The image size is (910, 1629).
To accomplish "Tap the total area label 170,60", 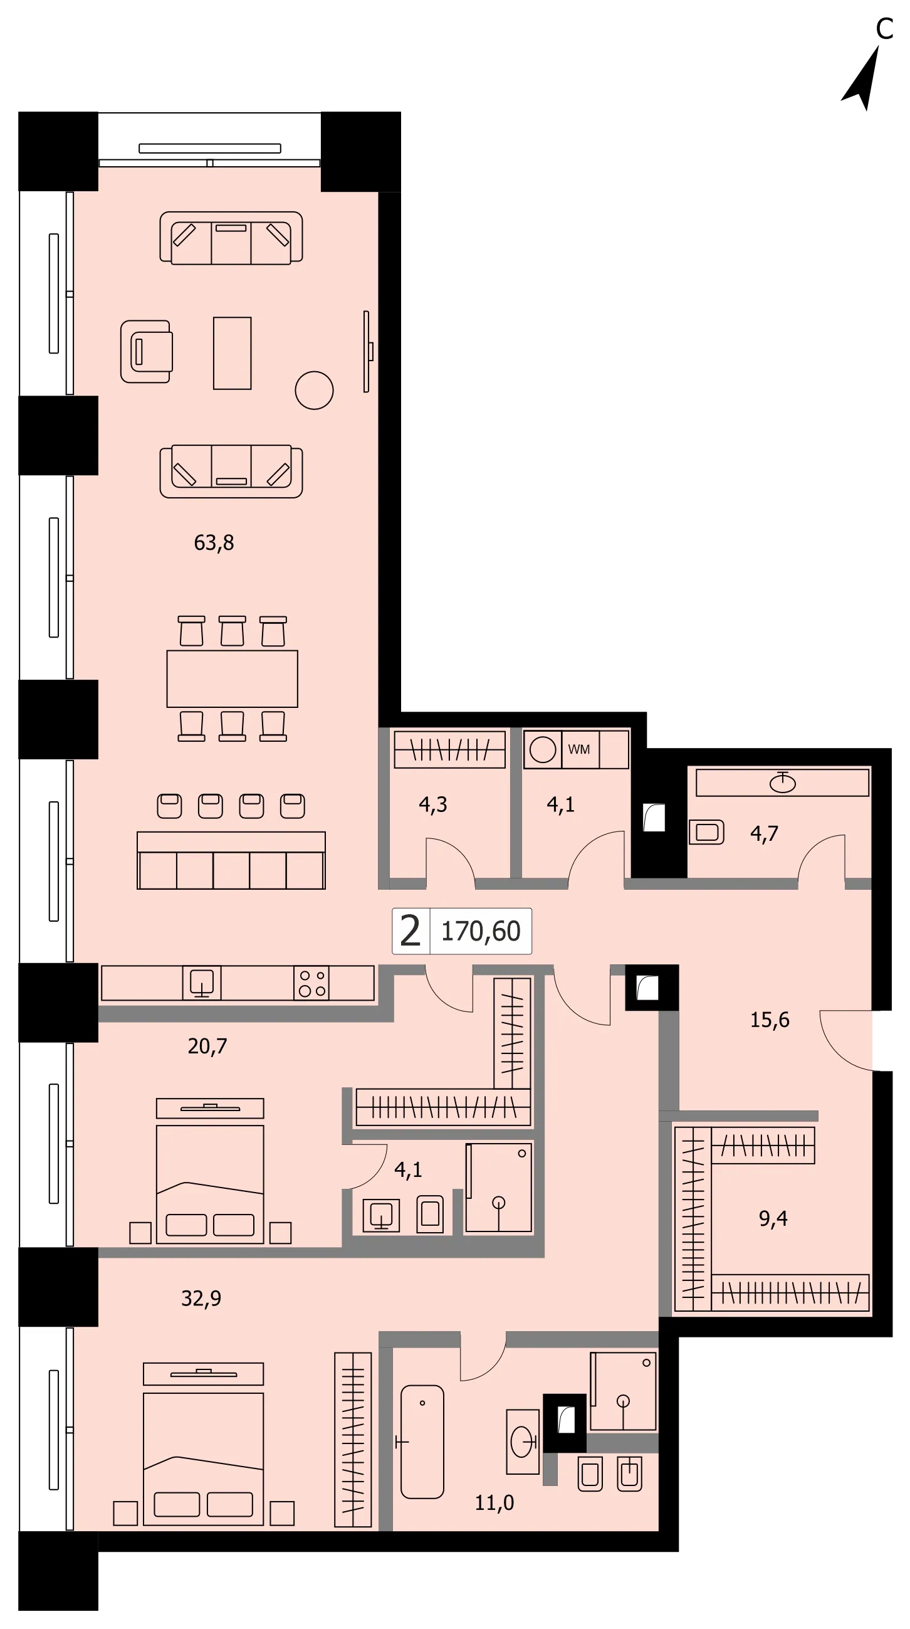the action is (x=481, y=931).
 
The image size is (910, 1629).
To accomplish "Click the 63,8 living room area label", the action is (x=214, y=542).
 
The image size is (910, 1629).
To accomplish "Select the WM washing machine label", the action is (x=579, y=749).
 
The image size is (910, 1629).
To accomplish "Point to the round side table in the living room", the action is (x=314, y=390).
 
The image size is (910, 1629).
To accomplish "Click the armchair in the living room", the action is (x=147, y=351).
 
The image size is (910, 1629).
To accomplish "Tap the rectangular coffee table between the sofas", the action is (x=232, y=353).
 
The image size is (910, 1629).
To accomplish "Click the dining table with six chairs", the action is (x=232, y=678).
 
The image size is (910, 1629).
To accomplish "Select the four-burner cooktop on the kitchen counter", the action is (x=311, y=983).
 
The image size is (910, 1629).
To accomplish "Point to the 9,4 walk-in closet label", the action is (x=773, y=1218).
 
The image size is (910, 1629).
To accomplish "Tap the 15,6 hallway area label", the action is (x=770, y=1020).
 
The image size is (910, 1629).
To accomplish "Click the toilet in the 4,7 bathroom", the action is (x=706, y=831).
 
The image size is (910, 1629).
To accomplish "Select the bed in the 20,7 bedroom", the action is (x=210, y=1171).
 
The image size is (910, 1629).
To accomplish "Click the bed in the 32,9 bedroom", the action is (x=203, y=1443).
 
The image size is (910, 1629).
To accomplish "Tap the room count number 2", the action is (x=410, y=930).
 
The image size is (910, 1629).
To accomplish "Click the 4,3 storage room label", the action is (x=433, y=804).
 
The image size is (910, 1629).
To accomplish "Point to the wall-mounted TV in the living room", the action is (x=367, y=351).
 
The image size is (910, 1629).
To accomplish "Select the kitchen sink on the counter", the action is (x=202, y=983).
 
